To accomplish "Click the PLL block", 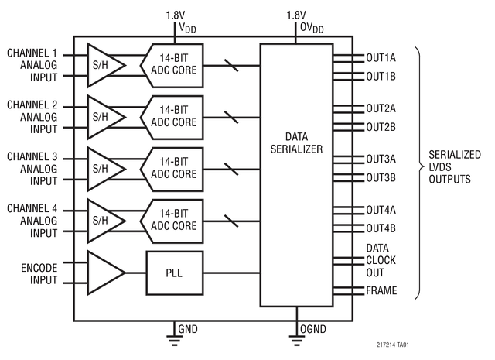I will [x=174, y=273].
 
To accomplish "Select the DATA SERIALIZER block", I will [x=296, y=142].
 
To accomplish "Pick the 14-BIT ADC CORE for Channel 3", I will [x=174, y=168].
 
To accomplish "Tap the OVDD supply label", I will [x=306, y=27].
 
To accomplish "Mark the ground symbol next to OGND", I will [x=295, y=333].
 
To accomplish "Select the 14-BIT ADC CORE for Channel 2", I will [x=174, y=116].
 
